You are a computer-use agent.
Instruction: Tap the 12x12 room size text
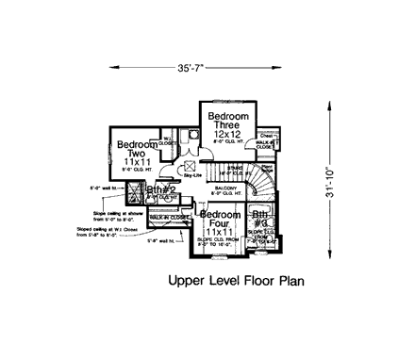click(227, 136)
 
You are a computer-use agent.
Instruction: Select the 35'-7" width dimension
click(191, 67)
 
